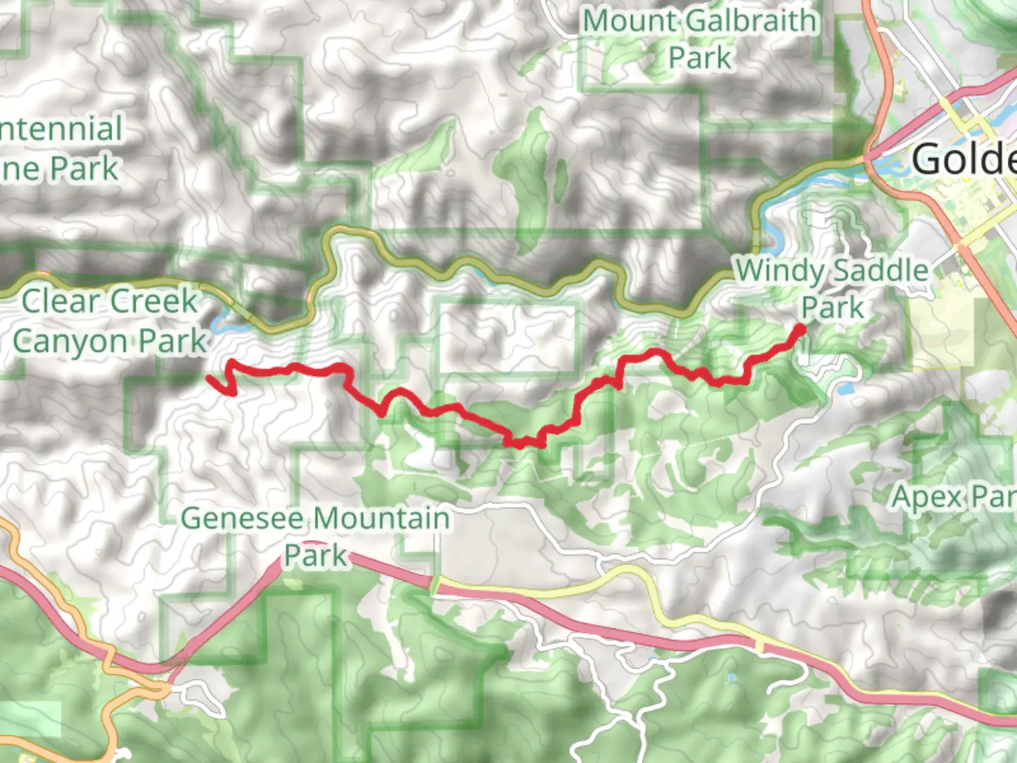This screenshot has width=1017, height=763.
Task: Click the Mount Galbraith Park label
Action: click(699, 39)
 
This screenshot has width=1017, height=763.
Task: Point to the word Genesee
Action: click(242, 519)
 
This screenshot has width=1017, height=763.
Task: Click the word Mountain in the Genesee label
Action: click(381, 519)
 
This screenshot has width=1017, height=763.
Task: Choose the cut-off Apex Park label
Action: click(953, 497)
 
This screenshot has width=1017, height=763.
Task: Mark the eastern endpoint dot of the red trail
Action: click(800, 329)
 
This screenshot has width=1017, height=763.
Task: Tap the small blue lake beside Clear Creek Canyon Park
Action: click(220, 325)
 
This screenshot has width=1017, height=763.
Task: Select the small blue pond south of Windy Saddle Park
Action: click(844, 387)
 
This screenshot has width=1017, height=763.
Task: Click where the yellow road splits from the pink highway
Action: click(435, 584)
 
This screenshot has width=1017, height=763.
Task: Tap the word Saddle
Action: click(879, 271)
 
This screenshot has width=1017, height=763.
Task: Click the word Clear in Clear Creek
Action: click(59, 302)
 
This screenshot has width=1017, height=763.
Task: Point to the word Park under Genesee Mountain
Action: click(316, 556)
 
